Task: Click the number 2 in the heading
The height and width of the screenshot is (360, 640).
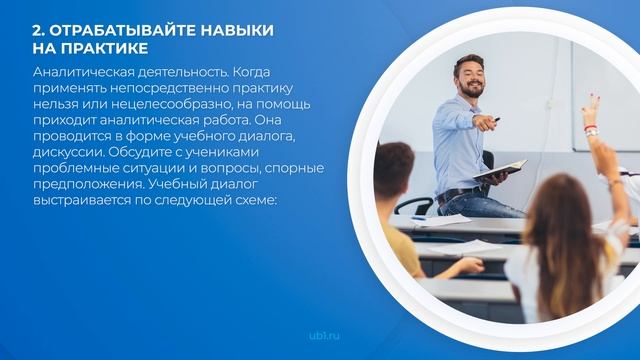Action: pyautogui.click(x=37, y=30)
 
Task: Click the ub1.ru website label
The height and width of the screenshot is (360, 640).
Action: pyautogui.click(x=319, y=337)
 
